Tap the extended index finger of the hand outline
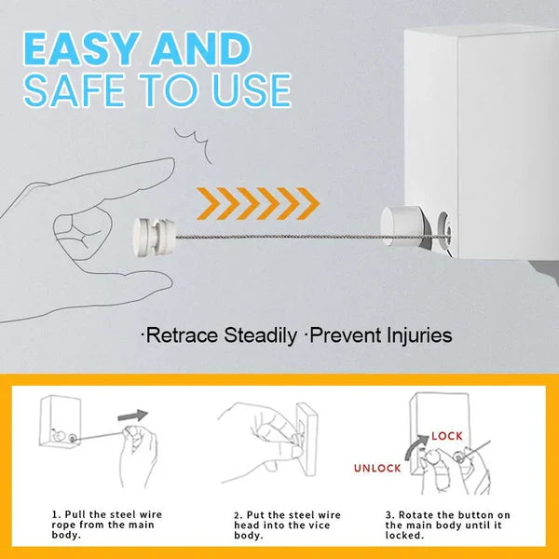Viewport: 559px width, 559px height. tap(112, 177)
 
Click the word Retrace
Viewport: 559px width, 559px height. tap(182, 335)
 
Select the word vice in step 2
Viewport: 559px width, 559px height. tap(320, 525)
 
